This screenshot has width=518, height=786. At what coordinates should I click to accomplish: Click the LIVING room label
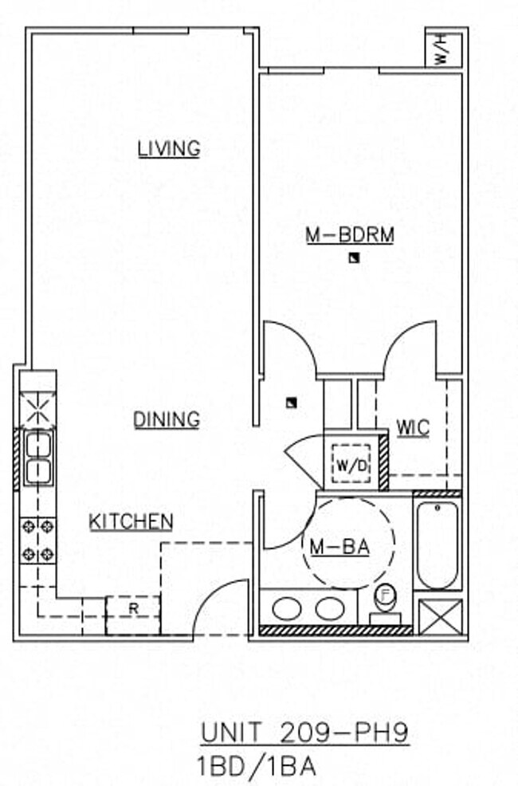[168, 148]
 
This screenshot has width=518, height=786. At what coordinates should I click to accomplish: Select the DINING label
[166, 419]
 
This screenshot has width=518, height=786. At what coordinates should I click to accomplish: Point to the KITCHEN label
[131, 522]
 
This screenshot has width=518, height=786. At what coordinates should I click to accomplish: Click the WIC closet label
[413, 429]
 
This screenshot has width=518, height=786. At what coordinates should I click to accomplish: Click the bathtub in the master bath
[437, 544]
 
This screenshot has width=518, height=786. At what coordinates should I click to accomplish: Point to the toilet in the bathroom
[386, 603]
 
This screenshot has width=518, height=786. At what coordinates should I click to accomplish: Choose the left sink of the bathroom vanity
[286, 609]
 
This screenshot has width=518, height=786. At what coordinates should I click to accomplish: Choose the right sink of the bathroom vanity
[328, 609]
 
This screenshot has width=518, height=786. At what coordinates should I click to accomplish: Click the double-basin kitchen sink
[37, 458]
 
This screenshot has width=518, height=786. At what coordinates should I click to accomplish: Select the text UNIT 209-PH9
[304, 733]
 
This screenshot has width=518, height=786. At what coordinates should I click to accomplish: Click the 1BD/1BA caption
[256, 766]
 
